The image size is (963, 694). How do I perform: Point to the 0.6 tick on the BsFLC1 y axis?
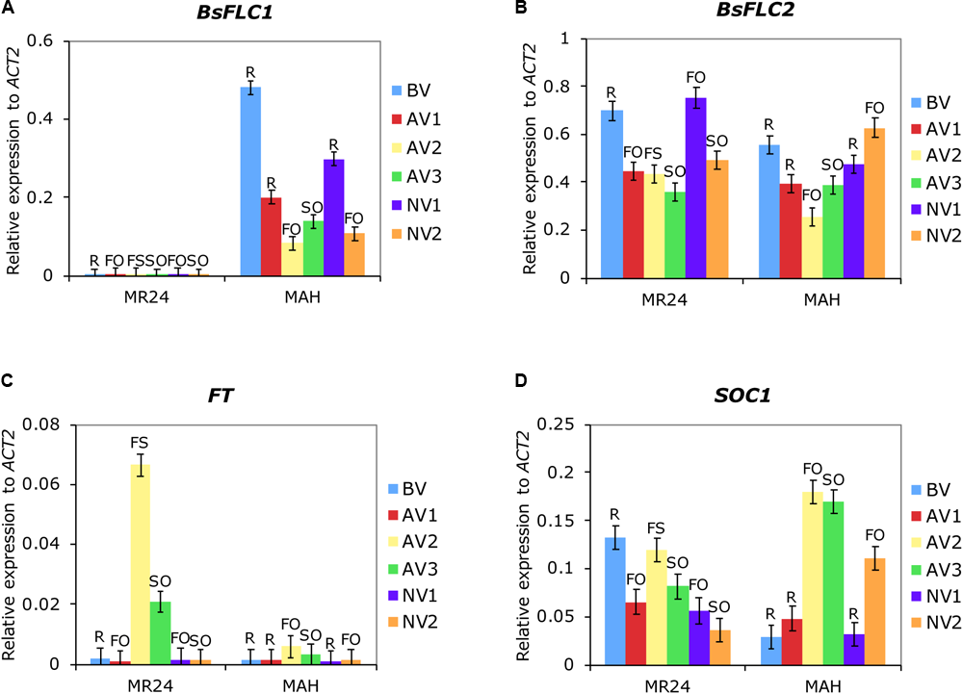pyautogui.click(x=40, y=41)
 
